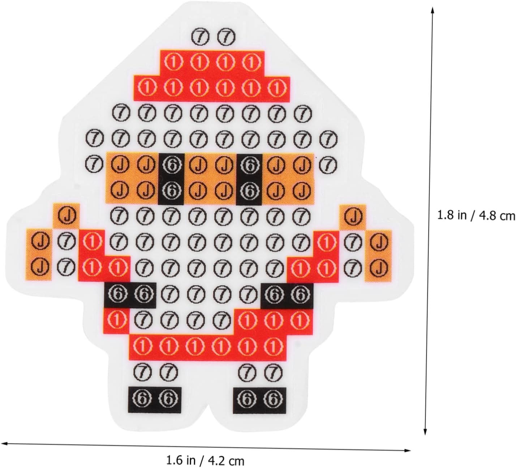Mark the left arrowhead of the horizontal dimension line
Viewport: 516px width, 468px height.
4,442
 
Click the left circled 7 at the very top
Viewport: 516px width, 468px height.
199,37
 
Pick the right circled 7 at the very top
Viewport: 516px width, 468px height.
225,37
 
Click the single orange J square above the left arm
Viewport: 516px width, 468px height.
66,216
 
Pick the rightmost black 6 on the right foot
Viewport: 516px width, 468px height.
273,399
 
